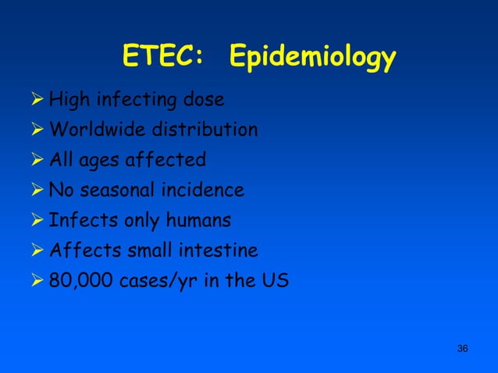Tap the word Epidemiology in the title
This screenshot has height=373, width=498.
313,59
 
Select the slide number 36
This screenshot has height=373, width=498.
462,347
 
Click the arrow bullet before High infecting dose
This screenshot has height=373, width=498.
36,100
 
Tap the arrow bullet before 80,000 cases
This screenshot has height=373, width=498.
36,280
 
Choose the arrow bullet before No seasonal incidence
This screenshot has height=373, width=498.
36,190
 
